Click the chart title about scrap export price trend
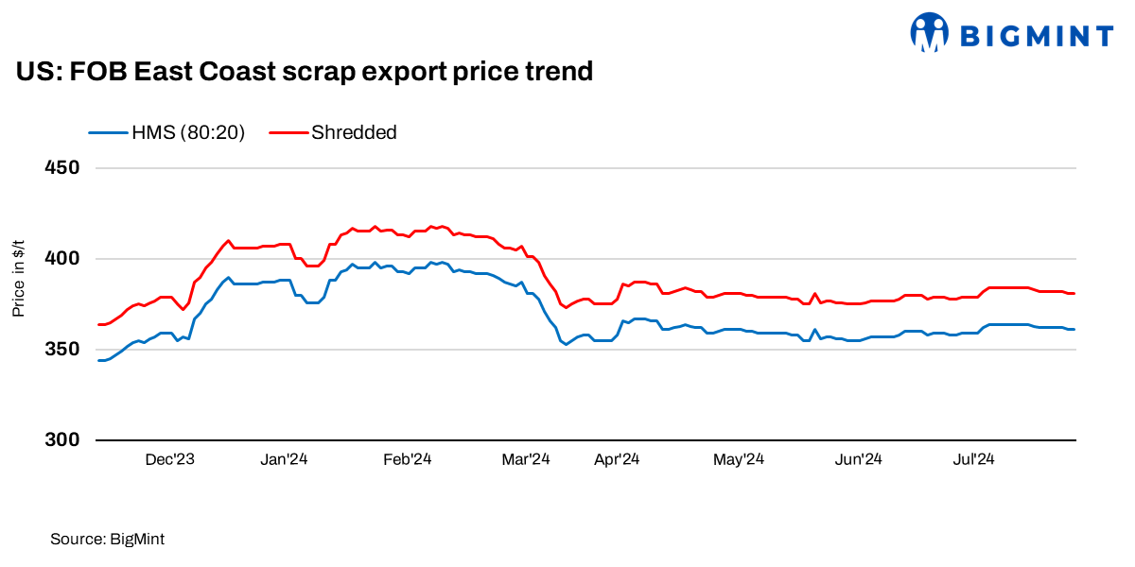click(x=305, y=71)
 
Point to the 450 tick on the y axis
click(x=61, y=168)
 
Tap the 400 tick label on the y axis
click(x=61, y=259)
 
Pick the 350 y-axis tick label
click(x=61, y=350)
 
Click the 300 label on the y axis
click(x=61, y=440)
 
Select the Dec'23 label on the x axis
click(x=170, y=460)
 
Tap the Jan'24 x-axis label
click(x=283, y=460)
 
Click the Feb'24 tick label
click(x=407, y=460)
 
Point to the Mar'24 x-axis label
click(x=525, y=460)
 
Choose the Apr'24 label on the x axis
click(x=617, y=460)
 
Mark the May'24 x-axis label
click(x=739, y=460)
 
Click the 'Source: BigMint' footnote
click(x=107, y=539)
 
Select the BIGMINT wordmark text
click(x=1037, y=36)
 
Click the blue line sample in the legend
click(x=108, y=132)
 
